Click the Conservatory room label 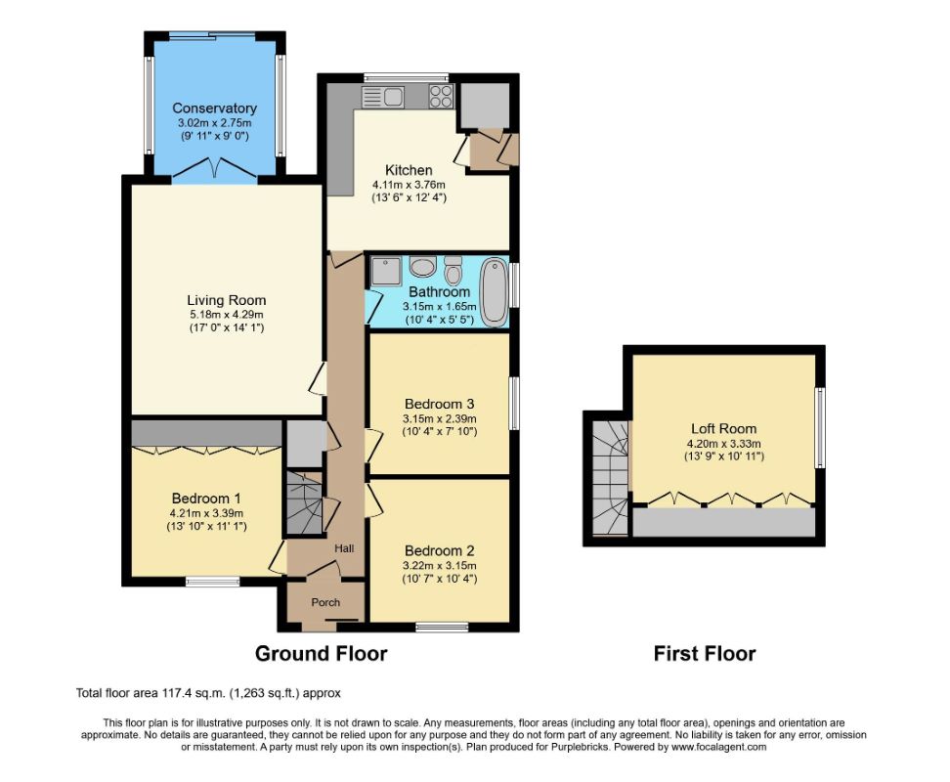point(214,109)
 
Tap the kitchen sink point(383,97)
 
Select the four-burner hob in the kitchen point(441,97)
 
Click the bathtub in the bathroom point(495,292)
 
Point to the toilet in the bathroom point(452,270)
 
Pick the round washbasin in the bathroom point(422,265)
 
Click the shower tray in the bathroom point(386,271)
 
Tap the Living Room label point(226,300)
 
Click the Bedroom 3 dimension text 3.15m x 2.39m point(439,418)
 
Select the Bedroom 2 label point(439,551)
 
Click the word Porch point(325,603)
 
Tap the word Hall point(344,548)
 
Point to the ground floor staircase point(304,502)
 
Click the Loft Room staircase point(610,479)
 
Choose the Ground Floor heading point(322,654)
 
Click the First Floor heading point(705,654)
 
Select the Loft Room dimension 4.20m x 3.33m point(723,444)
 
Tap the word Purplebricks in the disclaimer point(581,748)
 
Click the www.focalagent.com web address point(718,748)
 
